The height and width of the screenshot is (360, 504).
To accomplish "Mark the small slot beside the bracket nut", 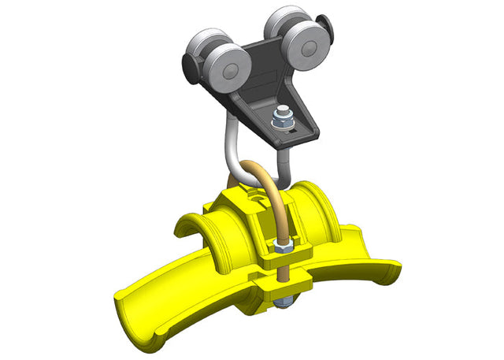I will point(292,135).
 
